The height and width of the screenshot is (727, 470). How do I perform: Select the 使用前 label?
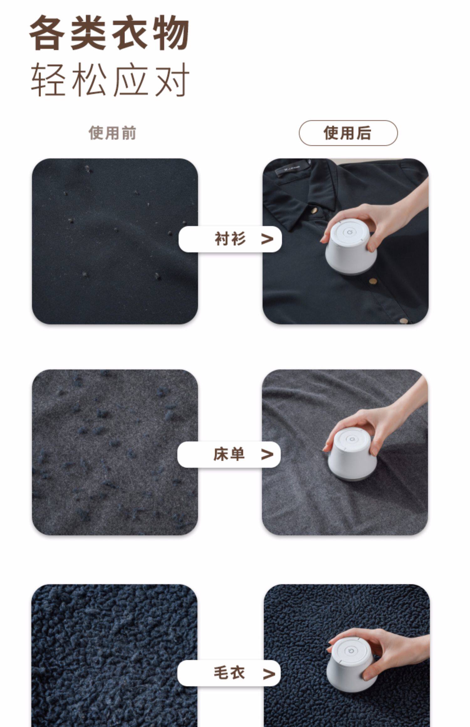(112, 133)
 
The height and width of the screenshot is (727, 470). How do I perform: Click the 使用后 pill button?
(348, 133)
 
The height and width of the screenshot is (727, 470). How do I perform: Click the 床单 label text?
(229, 454)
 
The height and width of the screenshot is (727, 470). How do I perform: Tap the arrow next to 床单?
(267, 455)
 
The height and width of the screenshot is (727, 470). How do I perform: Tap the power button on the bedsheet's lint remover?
(350, 439)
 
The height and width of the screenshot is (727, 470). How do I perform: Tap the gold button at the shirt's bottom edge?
(404, 321)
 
